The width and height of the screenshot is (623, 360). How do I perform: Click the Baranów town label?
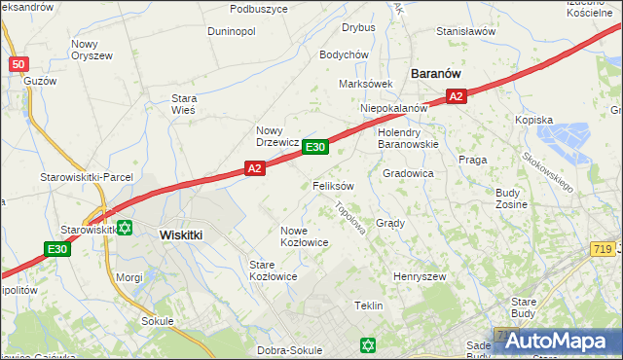coord(435,73)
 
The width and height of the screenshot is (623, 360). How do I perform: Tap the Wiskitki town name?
coord(180,234)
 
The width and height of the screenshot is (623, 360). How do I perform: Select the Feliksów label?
coord(333,185)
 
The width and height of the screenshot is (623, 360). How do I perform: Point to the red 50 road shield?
coord(18,64)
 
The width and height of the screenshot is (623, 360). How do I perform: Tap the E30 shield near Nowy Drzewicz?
coord(313,147)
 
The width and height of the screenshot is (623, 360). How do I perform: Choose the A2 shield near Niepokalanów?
coord(457,95)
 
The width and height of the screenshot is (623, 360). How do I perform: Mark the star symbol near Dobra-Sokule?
coord(367,345)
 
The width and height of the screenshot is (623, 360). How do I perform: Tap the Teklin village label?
coord(368,306)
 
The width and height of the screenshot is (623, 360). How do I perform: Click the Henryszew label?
coord(419,277)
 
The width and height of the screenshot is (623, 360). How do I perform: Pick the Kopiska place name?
coord(533,120)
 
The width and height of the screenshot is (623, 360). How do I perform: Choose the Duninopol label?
coord(231,31)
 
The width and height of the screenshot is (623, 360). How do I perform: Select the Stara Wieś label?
coord(183,104)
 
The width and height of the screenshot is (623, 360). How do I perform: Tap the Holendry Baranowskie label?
coord(408,137)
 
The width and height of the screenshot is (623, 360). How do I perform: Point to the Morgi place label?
coord(129,277)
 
